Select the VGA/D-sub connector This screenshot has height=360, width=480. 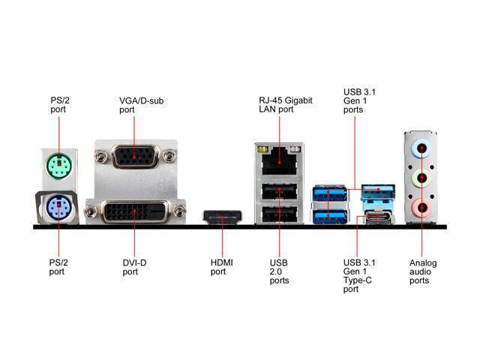tap(135, 157)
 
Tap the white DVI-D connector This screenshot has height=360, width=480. tap(135, 212)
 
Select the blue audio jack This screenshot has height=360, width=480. tap(423, 148)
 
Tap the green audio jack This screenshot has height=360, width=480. tap(423, 178)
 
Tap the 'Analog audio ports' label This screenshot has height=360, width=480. tap(423, 271)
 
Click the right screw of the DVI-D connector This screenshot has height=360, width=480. tap(178, 213)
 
